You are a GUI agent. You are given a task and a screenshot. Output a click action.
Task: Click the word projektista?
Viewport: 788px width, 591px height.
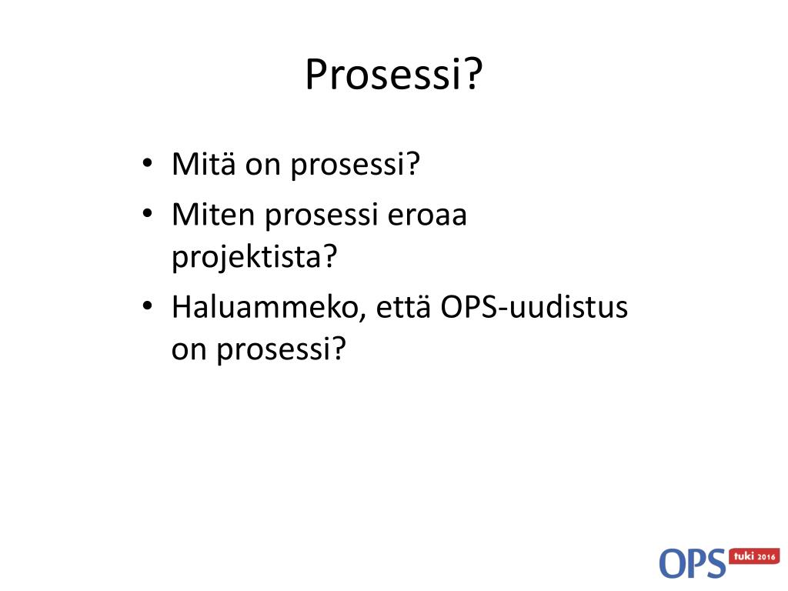click(x=255, y=257)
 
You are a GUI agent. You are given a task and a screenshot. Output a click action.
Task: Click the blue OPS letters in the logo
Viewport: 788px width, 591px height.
click(x=692, y=563)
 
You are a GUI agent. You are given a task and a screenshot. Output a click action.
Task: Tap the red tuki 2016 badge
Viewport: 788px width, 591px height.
click(x=755, y=556)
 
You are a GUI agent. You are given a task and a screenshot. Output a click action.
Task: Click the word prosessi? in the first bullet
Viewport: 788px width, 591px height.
click(x=353, y=165)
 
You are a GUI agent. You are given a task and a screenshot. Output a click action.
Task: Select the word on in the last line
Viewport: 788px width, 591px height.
click(x=189, y=351)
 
